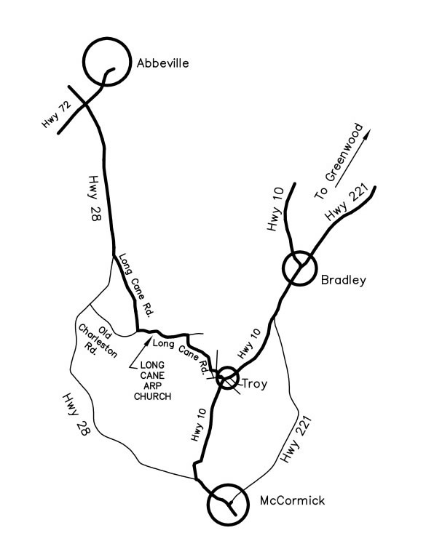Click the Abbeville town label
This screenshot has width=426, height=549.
click(162, 64)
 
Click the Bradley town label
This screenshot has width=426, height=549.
click(342, 280)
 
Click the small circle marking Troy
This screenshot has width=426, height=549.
click(227, 378)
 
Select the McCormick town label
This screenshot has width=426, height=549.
click(292, 501)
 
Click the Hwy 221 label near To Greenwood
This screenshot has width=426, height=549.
click(346, 204)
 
